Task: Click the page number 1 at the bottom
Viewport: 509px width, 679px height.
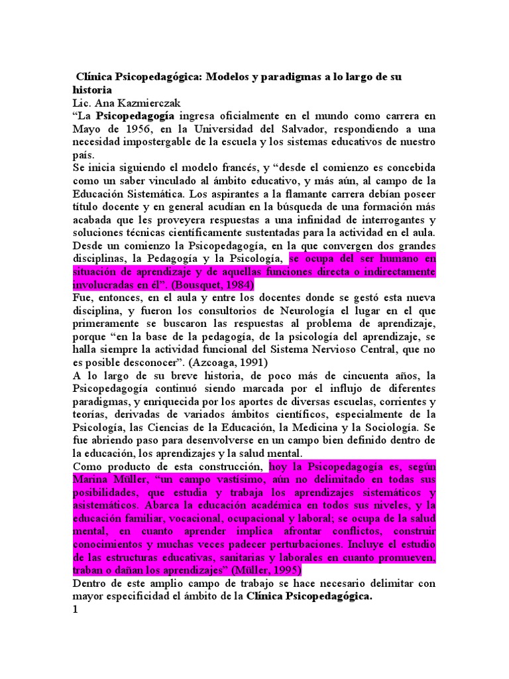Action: [x=76, y=611]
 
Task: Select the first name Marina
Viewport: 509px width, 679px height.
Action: [x=95, y=479]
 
